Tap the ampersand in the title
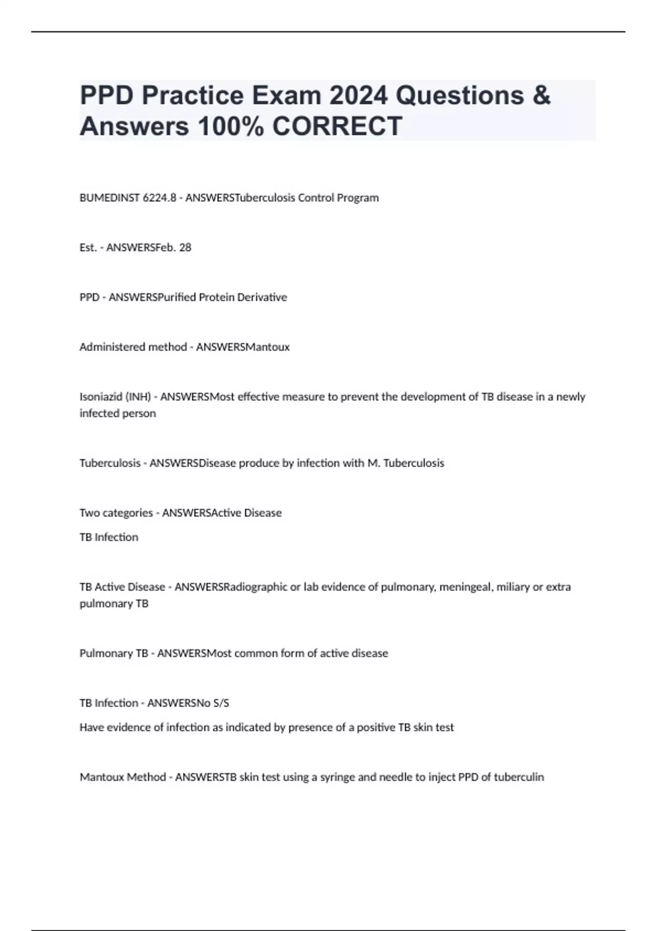[541, 95]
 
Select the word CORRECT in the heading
[337, 126]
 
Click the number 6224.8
[159, 198]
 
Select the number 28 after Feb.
[185, 248]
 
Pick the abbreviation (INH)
[138, 397]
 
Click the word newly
[571, 397]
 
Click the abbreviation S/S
[220, 703]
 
